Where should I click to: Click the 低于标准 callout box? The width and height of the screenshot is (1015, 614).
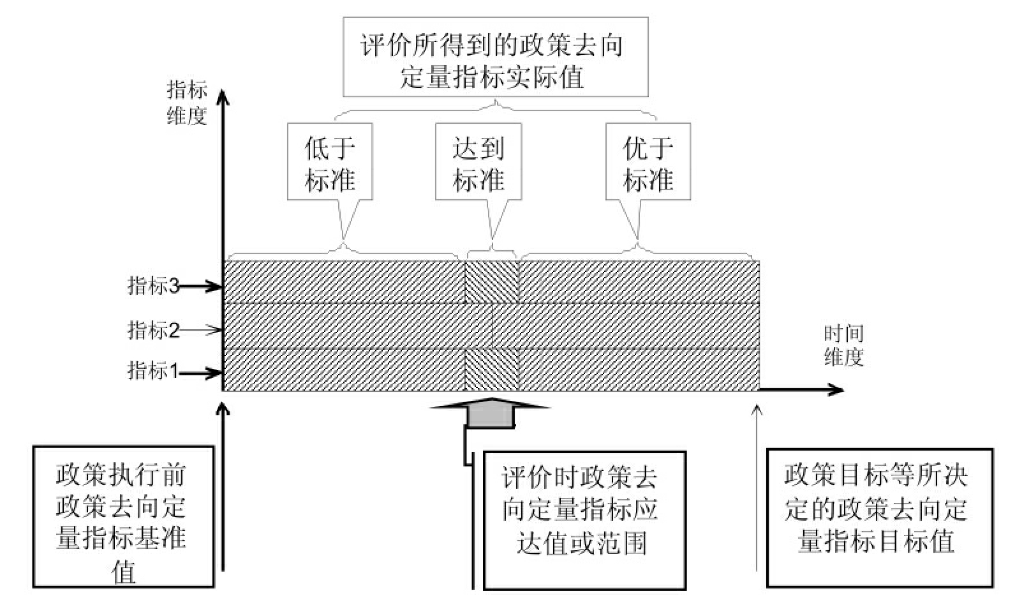pyautogui.click(x=330, y=162)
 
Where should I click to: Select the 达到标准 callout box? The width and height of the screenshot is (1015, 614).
pyautogui.click(x=478, y=162)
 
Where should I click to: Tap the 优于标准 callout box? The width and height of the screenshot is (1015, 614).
pyautogui.click(x=648, y=162)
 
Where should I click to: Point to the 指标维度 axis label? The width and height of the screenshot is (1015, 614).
pyautogui.click(x=186, y=102)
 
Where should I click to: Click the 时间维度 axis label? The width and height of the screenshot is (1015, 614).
pyautogui.click(x=843, y=345)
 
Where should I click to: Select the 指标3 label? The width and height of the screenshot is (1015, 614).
pyautogui.click(x=153, y=285)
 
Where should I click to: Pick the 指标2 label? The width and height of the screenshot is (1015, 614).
pyautogui.click(x=153, y=330)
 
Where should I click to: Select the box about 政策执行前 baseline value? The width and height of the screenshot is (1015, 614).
pyautogui.click(x=122, y=516)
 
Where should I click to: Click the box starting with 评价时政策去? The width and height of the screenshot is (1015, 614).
pyautogui.click(x=584, y=520)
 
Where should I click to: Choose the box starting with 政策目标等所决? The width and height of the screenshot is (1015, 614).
pyautogui.click(x=879, y=517)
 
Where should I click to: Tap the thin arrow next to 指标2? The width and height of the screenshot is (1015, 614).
pyautogui.click(x=201, y=330)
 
